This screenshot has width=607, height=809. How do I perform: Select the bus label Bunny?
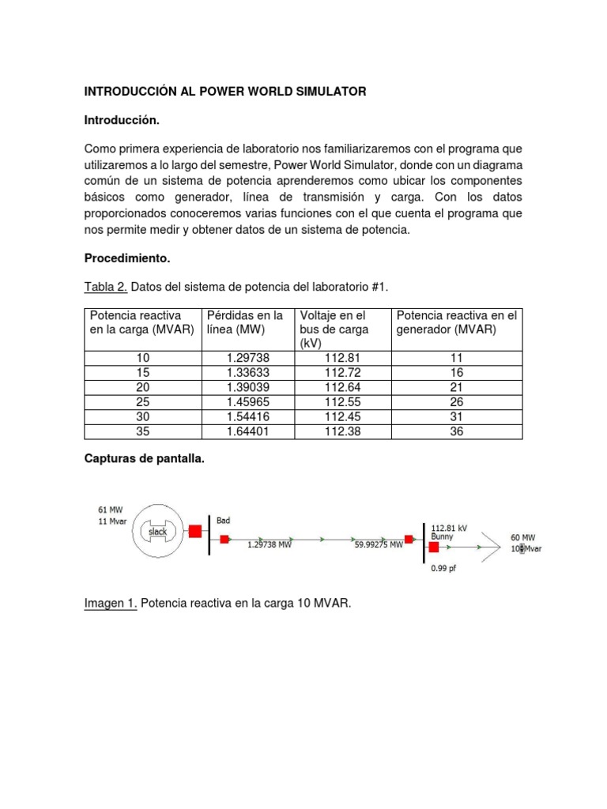(443, 536)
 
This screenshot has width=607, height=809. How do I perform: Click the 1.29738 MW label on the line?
(270, 544)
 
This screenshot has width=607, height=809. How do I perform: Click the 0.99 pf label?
(444, 567)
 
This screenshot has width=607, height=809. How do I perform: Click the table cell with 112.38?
(341, 431)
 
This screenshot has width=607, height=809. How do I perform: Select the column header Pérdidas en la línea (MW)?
(244, 322)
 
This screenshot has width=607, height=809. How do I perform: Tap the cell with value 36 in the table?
(456, 431)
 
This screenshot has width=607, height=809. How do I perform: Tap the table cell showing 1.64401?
(248, 431)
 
